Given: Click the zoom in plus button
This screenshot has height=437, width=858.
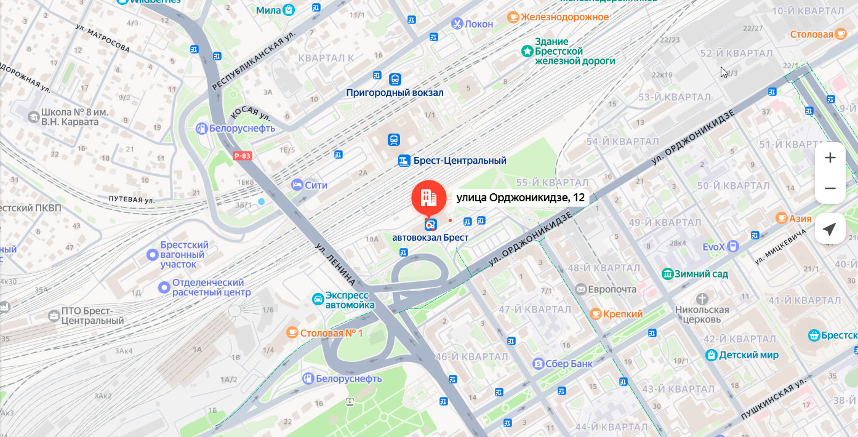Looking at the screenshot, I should tap(830, 158).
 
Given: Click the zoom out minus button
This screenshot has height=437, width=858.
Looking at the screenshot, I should tap(830, 188).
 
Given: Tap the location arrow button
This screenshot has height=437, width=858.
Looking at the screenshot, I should tap(830, 230).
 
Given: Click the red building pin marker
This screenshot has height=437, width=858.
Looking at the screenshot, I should tap(428, 198).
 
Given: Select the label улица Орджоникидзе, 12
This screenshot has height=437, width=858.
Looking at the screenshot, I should tap(520, 198).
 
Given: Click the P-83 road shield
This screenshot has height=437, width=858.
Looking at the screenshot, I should tap(242, 156).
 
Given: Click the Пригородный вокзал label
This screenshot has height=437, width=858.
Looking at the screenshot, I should tap(395, 93).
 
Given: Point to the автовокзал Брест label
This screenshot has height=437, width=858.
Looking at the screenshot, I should tap(430, 238).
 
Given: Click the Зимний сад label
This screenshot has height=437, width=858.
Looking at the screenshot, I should tap(701, 274).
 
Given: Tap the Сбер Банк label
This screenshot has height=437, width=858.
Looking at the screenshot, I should tap(568, 364).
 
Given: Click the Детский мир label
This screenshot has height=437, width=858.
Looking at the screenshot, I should tap(748, 355).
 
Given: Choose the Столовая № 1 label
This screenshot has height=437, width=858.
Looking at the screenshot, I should tap(331, 333).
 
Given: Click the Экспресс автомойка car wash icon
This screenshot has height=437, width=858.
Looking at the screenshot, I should tap(318, 300).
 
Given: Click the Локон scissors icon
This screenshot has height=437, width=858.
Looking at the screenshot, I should tap(457, 24).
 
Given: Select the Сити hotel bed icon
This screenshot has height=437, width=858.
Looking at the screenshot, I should tap(297, 185).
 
